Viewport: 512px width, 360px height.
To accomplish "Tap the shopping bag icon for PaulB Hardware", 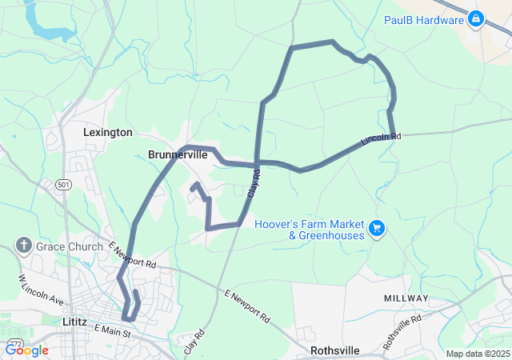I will click(x=476, y=18).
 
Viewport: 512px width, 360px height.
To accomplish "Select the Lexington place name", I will click(x=108, y=132).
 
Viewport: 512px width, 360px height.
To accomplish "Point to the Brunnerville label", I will click(x=178, y=155).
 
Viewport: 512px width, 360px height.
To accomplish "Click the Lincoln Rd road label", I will click(x=380, y=139).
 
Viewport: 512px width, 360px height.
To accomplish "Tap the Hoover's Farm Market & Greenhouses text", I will click(x=310, y=230).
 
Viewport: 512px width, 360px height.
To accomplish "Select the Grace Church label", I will click(x=70, y=246).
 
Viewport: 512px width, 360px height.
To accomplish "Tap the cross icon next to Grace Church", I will click(x=25, y=246).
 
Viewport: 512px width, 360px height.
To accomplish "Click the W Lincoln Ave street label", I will click(x=40, y=290).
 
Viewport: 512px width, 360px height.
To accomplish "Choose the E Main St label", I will click(x=111, y=329).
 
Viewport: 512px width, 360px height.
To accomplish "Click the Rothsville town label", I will click(x=335, y=350).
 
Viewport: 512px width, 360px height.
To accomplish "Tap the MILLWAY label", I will click(x=406, y=298).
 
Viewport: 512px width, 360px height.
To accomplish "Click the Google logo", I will click(x=28, y=350).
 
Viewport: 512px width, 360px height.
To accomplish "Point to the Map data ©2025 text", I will click(x=477, y=354).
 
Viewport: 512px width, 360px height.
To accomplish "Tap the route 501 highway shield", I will click(x=63, y=184).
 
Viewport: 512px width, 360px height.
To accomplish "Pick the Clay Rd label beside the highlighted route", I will click(x=254, y=186).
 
